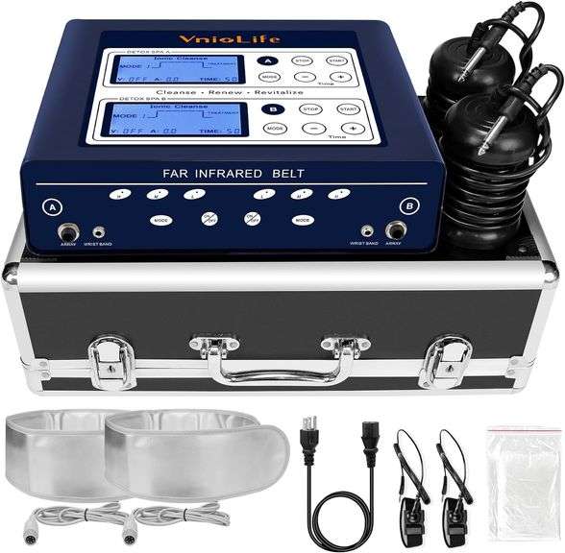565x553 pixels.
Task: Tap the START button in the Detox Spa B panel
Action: point(347,108)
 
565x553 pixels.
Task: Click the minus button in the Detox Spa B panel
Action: point(312,128)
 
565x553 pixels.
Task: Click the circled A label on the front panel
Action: point(50,205)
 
